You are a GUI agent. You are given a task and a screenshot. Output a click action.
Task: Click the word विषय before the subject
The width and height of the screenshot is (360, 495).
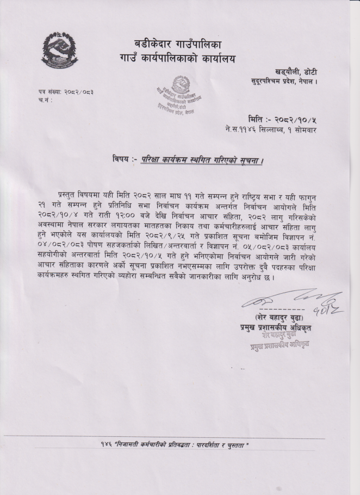point(122,159)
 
